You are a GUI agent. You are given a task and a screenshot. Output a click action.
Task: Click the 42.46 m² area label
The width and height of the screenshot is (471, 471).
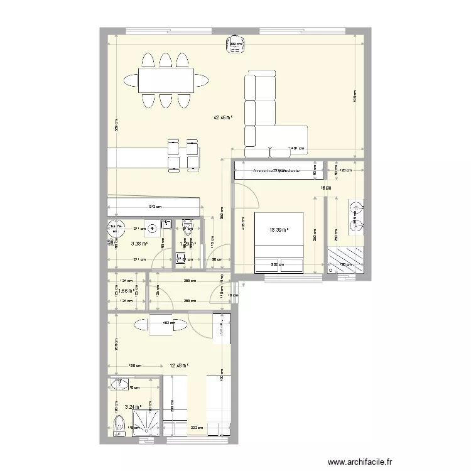pos(223,117)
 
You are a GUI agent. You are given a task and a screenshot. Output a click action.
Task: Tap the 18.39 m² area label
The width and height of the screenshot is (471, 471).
pos(278,230)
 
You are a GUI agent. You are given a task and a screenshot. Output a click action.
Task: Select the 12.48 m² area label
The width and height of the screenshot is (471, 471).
pos(179,365)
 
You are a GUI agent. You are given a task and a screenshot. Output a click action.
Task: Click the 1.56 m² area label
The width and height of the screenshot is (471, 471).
pos(128,291)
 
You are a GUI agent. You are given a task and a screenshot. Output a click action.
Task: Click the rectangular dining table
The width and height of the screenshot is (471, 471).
pos(165,80)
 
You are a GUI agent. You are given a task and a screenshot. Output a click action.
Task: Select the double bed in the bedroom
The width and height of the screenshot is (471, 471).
pos(279,242)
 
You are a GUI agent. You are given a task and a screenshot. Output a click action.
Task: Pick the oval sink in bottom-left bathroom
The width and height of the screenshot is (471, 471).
pos(117,384)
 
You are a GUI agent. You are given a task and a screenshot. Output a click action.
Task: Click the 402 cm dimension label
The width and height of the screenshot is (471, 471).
pos(167,323)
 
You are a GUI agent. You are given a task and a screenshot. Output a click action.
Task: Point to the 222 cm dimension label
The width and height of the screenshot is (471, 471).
pos(195,427)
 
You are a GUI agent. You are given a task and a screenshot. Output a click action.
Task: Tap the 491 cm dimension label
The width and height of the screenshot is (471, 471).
pos(296,149)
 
